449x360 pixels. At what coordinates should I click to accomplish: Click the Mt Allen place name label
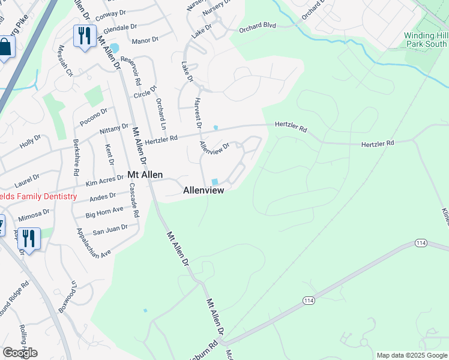[x=145, y=175]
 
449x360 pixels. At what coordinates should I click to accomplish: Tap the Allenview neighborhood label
[x=203, y=190]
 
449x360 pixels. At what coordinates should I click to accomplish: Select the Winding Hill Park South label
[x=426, y=40]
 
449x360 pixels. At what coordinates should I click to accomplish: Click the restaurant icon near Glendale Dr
[x=84, y=36]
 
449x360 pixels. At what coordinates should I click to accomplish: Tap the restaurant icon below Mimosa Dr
[x=28, y=238]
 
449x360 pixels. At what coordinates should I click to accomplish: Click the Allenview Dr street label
[x=215, y=147]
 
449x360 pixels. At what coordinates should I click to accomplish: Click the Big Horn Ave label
[x=104, y=212]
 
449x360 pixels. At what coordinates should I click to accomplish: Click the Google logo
[x=20, y=353]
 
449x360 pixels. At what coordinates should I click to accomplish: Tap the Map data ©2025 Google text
[x=411, y=355]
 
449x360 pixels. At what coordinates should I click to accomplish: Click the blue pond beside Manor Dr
[x=114, y=47]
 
